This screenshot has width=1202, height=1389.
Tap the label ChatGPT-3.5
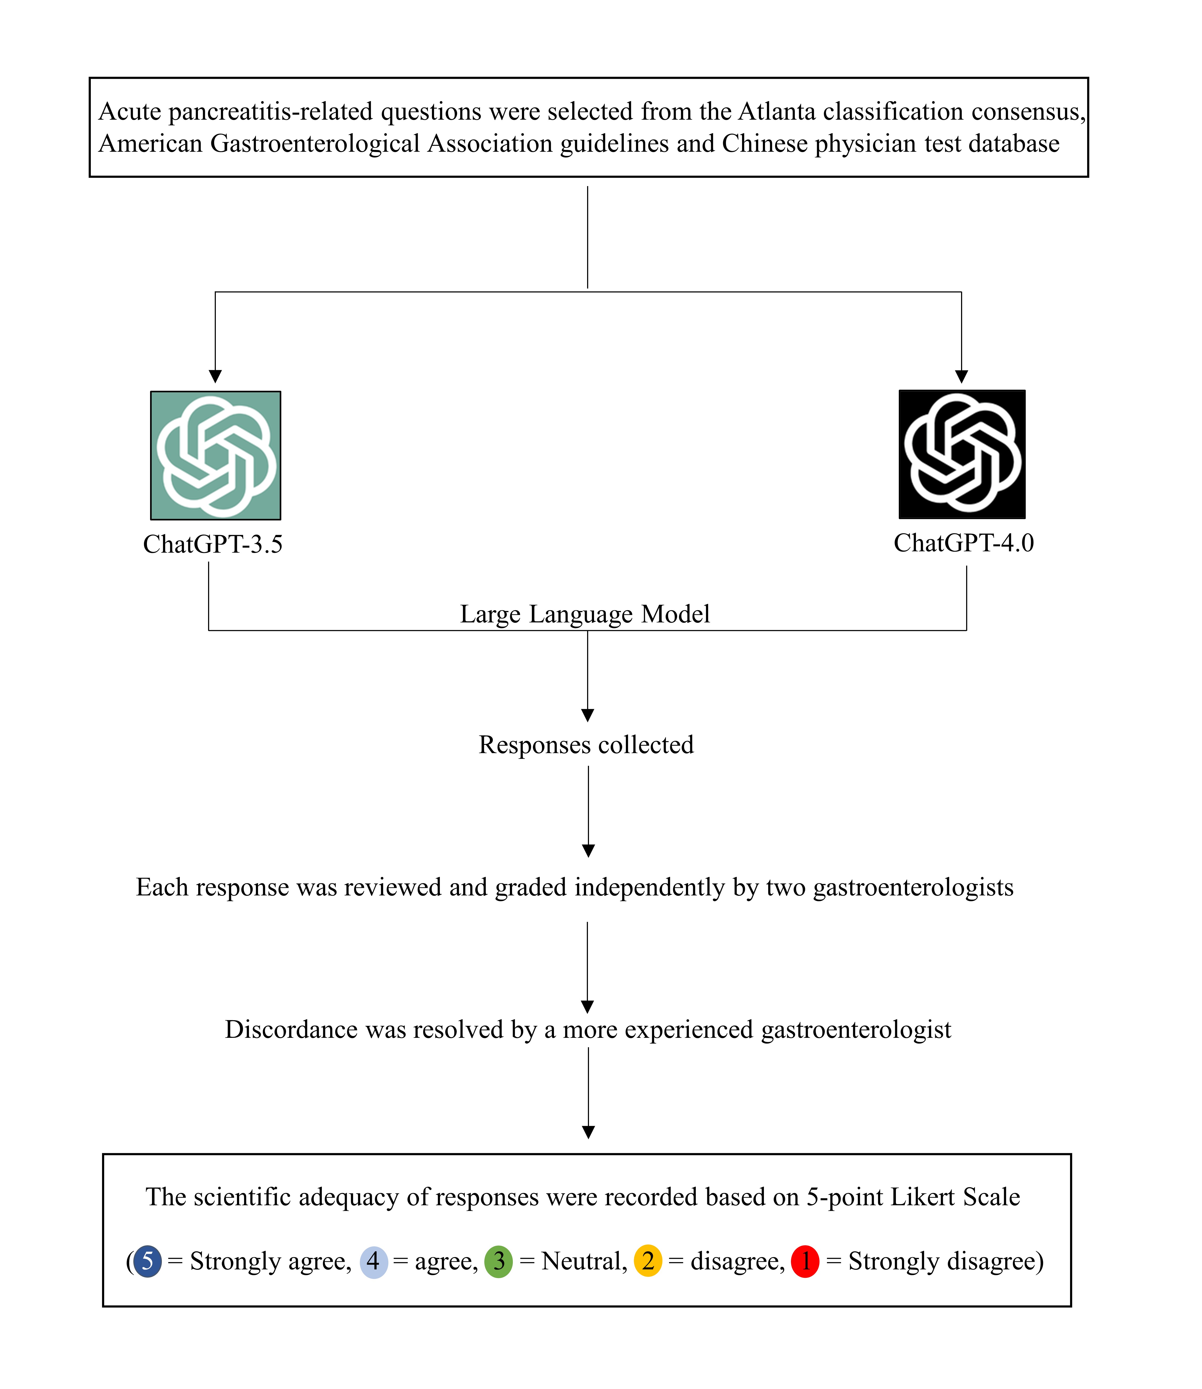point(213,544)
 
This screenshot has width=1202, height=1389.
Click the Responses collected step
point(586,745)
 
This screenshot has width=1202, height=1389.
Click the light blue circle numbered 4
point(374,1262)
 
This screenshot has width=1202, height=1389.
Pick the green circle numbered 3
point(498,1262)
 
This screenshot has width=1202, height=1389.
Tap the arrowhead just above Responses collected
point(588,715)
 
